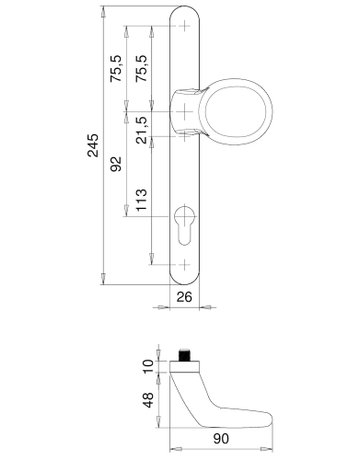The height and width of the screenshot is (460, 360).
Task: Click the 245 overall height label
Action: coord(93,145)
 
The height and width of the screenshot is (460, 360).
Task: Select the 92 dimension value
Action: coord(116,164)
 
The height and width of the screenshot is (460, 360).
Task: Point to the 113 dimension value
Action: coord(141,200)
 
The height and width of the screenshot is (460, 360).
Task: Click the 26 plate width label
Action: coord(184,296)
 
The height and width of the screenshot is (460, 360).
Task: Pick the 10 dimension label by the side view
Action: coord(148,366)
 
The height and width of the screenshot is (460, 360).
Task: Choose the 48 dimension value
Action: coord(148,400)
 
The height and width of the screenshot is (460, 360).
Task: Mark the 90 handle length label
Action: coord(221,439)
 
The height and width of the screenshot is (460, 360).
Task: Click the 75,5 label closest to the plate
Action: coord(141,69)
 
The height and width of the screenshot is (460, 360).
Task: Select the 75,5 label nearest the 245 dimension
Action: coord(116,69)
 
